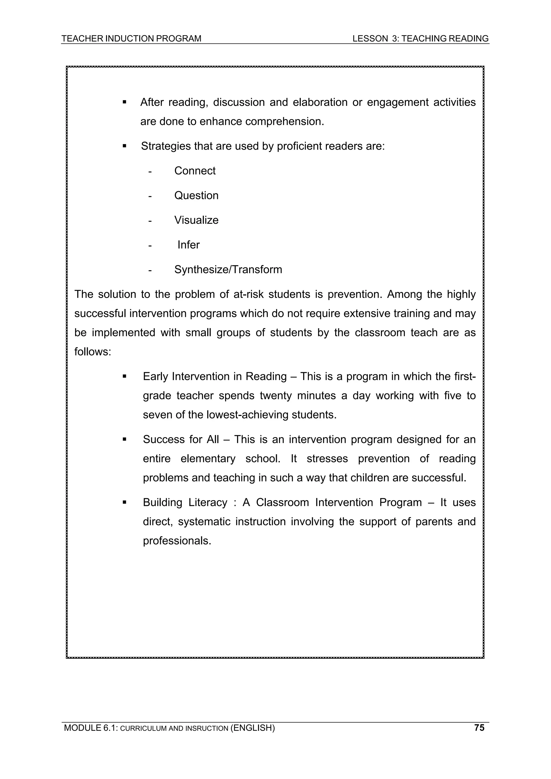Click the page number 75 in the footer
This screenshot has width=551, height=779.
479,727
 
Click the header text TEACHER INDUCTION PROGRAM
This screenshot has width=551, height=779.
131,39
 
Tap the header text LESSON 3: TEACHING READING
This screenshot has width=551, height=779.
420,39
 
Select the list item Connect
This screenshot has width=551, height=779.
195,171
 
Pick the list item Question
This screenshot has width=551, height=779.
196,195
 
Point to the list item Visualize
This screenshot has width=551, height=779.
196,220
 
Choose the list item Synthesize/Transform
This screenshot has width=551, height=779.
228,269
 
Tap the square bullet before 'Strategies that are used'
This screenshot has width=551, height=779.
124,146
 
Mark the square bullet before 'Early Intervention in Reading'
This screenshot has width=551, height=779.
124,376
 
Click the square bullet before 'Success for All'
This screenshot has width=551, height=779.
124,439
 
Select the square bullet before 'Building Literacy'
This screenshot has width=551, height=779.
124,502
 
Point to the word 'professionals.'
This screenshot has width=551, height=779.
177,540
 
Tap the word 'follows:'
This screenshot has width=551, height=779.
93,352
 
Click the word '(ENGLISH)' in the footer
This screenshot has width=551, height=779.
252,728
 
